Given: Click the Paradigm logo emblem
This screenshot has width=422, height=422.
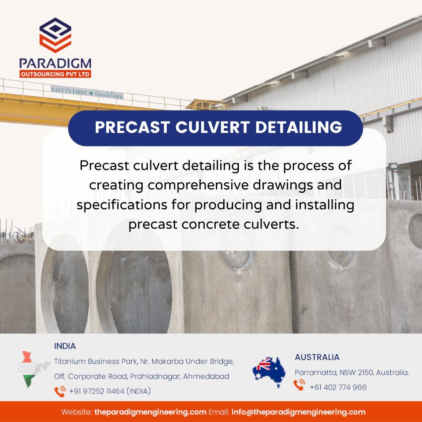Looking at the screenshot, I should [x=55, y=35].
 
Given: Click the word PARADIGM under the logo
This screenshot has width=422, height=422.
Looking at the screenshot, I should [x=55, y=64].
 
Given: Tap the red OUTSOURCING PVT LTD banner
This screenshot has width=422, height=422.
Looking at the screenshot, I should [x=55, y=74].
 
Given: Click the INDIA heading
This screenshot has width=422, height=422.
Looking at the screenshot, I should [x=65, y=346].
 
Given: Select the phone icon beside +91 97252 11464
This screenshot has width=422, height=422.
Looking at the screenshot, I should [x=60, y=391].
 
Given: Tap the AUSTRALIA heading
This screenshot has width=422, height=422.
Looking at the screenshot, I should [x=317, y=357].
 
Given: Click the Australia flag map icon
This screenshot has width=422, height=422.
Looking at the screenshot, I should [x=269, y=371].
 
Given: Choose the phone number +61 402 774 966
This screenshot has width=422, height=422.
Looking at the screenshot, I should [x=338, y=387].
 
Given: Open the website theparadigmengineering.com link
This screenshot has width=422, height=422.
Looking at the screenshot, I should [x=150, y=412].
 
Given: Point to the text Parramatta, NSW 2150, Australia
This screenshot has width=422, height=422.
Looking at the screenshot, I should [x=352, y=373].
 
